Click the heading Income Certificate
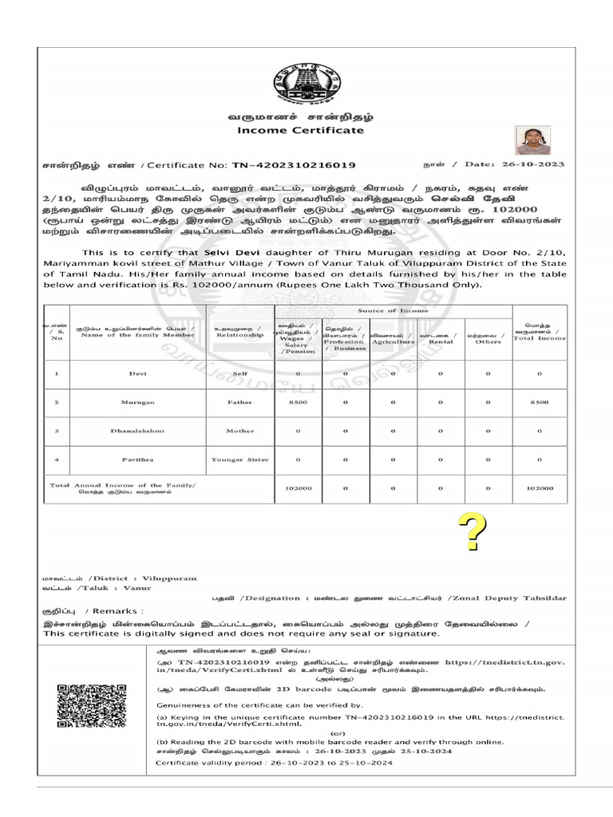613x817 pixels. (x=300, y=130)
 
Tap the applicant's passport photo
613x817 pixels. (x=531, y=141)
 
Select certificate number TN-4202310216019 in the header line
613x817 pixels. (x=294, y=165)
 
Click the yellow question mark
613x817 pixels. (x=472, y=534)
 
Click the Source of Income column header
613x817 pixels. (x=393, y=310)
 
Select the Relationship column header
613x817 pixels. (x=239, y=332)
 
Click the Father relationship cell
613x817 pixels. (x=239, y=402)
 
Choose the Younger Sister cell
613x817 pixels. (x=239, y=460)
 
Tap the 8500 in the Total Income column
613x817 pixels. (x=539, y=402)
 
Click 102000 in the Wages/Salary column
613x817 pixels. (x=299, y=488)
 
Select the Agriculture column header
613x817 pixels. (x=394, y=341)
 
